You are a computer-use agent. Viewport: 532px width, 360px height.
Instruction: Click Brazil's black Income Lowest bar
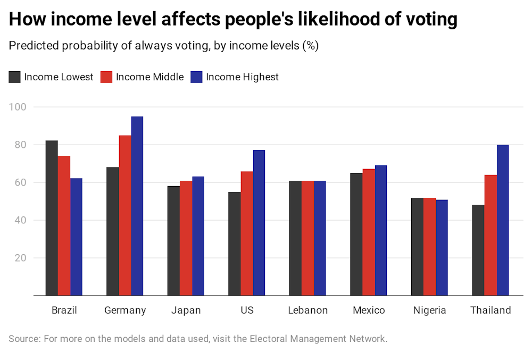52,218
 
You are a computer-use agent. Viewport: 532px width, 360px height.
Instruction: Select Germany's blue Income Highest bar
137,206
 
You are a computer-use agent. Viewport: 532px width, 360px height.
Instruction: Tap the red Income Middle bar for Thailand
491,235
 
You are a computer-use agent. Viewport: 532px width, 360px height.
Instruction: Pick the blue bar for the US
259,223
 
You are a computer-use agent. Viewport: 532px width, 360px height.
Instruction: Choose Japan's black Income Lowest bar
173,241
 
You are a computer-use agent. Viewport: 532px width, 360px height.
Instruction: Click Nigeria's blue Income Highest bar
442,248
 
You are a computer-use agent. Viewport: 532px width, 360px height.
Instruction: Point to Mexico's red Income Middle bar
369,232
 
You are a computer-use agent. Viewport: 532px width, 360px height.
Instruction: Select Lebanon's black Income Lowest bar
295,238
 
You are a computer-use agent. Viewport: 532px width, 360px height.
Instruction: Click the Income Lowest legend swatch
14,77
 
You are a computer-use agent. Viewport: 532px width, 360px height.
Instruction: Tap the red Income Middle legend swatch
106,77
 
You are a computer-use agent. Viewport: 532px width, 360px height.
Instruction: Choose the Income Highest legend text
242,77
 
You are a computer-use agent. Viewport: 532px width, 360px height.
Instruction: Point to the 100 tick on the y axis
18,107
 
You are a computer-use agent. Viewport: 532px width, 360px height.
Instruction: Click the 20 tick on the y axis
21,258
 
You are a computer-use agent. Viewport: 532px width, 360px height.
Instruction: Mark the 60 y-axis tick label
21,182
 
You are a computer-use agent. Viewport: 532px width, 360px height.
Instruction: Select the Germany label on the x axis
125,311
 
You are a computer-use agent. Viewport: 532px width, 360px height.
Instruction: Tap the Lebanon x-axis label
307,311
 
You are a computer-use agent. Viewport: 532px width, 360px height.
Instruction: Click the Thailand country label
491,311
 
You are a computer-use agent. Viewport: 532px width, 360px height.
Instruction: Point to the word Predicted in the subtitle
33,46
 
